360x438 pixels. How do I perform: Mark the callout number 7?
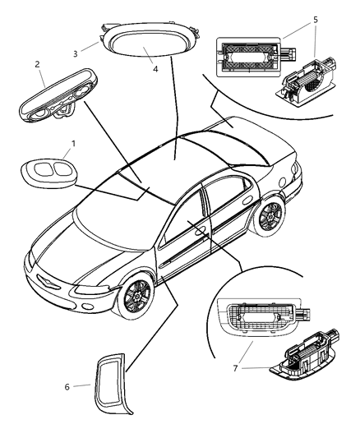tap(238, 367)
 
